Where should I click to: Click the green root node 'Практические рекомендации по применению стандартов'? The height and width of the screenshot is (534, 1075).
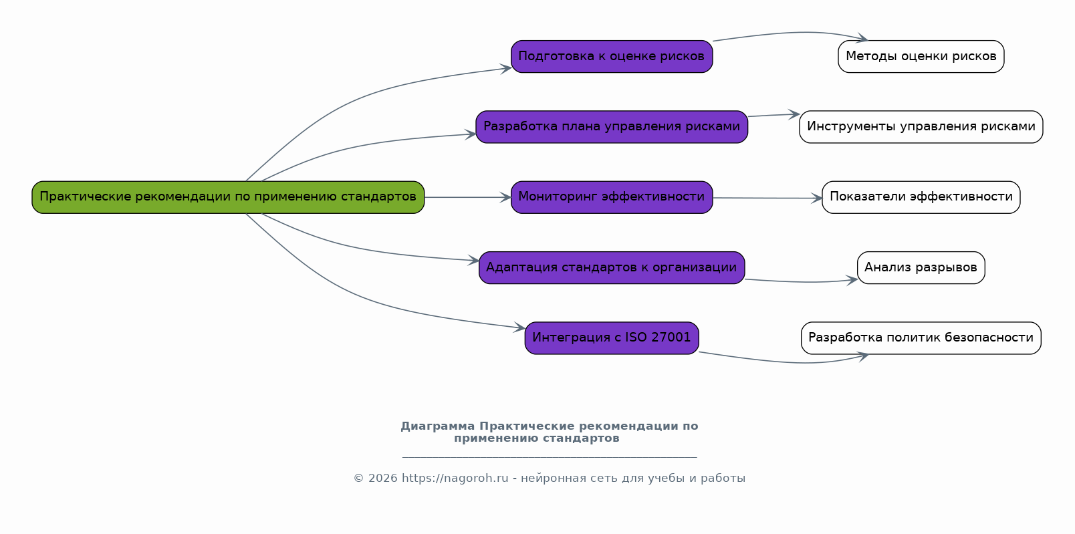(228, 197)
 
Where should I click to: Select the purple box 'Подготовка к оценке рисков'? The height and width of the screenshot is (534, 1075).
(612, 57)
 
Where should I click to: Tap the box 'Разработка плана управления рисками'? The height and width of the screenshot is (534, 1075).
(612, 127)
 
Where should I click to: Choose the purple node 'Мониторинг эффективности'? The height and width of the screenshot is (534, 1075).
(612, 197)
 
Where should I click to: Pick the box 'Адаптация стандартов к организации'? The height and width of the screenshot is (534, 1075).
(612, 267)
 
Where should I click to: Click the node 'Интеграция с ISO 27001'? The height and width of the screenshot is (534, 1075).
(612, 338)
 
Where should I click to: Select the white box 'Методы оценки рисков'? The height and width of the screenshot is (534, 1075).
(921, 57)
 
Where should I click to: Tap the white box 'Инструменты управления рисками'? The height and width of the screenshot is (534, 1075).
(921, 127)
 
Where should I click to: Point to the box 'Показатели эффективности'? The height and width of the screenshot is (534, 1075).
(921, 197)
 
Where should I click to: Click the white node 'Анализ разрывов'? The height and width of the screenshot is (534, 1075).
(921, 267)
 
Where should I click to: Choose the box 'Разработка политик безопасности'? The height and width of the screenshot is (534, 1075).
(921, 338)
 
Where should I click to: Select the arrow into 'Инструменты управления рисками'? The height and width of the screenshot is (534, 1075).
(773, 115)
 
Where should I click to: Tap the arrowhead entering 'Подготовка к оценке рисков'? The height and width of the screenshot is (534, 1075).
(506, 68)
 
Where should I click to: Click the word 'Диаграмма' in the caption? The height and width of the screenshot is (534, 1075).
(438, 426)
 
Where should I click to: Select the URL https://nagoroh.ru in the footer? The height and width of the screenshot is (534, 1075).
(455, 479)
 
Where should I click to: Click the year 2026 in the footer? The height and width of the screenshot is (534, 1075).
(382, 479)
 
